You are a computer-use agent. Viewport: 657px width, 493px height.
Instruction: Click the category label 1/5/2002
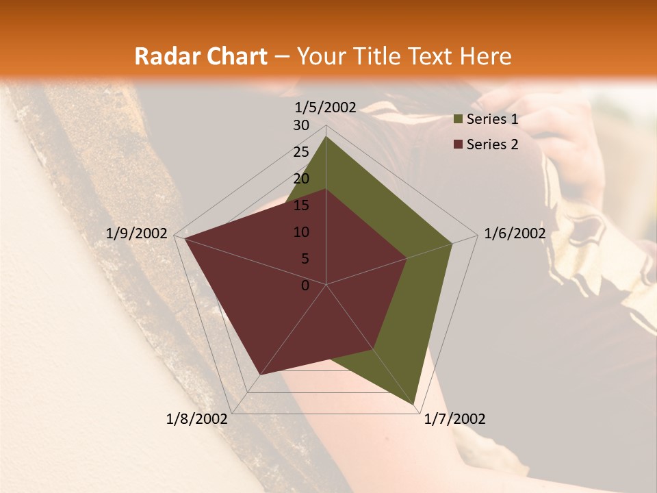[326, 108]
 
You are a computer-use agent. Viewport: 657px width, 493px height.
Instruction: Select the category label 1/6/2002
[515, 233]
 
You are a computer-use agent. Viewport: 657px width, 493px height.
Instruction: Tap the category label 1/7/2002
[454, 419]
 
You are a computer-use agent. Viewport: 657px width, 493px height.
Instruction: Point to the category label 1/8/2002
[197, 419]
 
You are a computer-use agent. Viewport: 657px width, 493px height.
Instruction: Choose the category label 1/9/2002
[137, 233]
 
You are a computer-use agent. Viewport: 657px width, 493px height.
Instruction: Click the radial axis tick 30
[301, 125]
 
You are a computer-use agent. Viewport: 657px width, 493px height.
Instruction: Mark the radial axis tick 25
[301, 152]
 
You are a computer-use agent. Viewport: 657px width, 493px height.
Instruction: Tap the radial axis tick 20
[301, 179]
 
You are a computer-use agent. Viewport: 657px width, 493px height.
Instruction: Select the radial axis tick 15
[301, 205]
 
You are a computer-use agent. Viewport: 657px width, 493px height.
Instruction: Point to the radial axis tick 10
[301, 232]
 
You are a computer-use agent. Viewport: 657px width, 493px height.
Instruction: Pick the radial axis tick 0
[305, 286]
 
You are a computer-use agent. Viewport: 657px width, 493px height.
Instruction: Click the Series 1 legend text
[492, 119]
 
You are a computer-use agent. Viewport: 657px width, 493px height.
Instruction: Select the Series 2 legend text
[492, 144]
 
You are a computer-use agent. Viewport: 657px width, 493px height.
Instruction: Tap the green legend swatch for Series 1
[459, 120]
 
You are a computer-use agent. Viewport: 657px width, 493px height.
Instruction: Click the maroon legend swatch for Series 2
[459, 144]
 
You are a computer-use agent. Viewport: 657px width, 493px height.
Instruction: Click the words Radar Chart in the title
[200, 56]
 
